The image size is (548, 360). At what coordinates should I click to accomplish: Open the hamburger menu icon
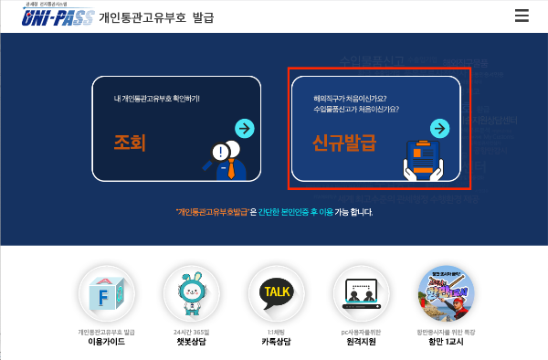522,15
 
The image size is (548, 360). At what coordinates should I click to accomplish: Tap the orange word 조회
130,143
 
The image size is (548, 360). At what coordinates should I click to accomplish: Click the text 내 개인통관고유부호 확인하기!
157,98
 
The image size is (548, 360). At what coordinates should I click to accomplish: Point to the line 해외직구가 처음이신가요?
353,99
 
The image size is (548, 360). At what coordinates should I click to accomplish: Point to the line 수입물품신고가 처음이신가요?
357,110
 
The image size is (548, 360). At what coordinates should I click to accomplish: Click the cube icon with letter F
106,293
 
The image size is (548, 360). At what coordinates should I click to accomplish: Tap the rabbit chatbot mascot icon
191,293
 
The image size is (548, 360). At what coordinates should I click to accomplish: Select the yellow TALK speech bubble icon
276,292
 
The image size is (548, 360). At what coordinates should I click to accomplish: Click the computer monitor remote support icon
361,294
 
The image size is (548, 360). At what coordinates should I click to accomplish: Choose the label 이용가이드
106,342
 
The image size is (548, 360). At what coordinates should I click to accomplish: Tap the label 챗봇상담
191,342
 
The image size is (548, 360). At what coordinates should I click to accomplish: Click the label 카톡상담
276,342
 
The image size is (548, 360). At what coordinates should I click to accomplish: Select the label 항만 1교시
446,342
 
